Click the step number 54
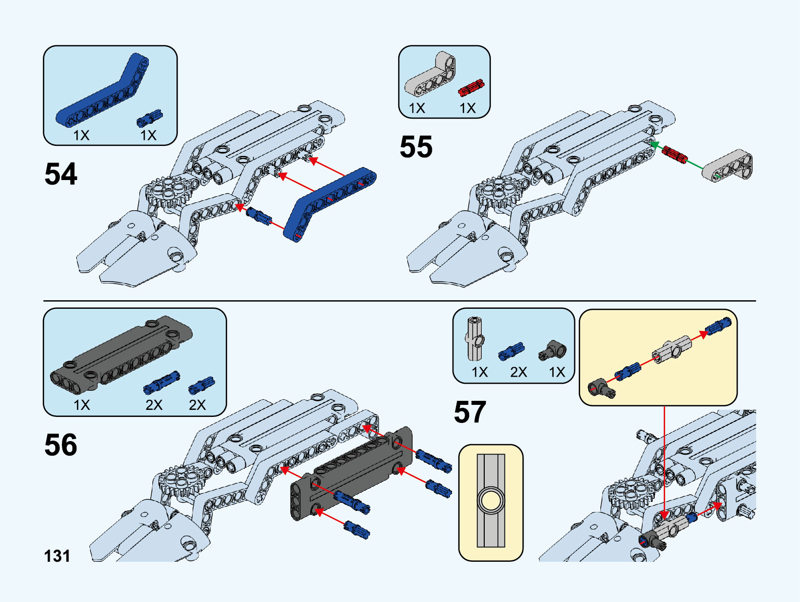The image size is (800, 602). click(x=61, y=174)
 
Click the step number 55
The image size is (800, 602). click(x=416, y=147)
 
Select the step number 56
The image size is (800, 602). click(x=61, y=445)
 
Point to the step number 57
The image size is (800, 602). click(x=470, y=412)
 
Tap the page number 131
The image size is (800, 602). click(x=57, y=556)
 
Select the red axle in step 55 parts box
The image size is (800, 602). click(x=471, y=88)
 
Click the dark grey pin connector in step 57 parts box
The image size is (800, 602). click(x=553, y=350)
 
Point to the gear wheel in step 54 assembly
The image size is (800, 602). click(x=166, y=192)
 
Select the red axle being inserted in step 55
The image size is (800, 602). click(x=674, y=154)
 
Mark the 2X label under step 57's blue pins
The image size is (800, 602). click(x=518, y=372)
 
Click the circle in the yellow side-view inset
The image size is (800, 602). click(x=490, y=501)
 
